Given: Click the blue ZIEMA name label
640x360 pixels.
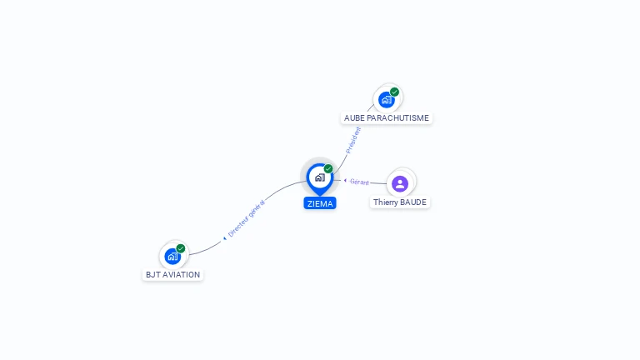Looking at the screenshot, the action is [320, 203].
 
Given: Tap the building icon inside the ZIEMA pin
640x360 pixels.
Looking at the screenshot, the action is [320, 177].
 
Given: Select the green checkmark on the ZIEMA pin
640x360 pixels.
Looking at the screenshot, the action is [328, 168].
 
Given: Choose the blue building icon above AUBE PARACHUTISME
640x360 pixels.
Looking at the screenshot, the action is [386, 100].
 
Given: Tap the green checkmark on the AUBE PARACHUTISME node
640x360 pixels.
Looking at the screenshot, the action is [394, 92].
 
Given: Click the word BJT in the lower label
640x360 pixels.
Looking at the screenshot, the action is [153, 275].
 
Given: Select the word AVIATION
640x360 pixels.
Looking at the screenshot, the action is [182, 275].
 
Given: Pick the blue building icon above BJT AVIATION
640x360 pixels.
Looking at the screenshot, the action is [172, 257].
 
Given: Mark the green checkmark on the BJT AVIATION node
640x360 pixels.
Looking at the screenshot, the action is [180, 248].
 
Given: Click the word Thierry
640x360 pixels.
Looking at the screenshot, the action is [385, 202].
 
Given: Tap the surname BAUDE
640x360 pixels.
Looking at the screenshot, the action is [413, 202].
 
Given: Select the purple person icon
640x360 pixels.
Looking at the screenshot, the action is [400, 183].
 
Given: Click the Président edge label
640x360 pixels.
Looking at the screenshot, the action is [353, 140].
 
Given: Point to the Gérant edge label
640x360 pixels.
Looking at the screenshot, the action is [359, 182].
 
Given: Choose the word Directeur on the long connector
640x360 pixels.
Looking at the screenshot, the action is [238, 226].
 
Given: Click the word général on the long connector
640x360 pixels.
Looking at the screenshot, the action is [257, 207].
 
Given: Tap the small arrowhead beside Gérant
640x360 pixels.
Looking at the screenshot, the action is [345, 180].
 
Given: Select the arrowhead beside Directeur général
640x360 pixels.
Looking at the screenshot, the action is [224, 238].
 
